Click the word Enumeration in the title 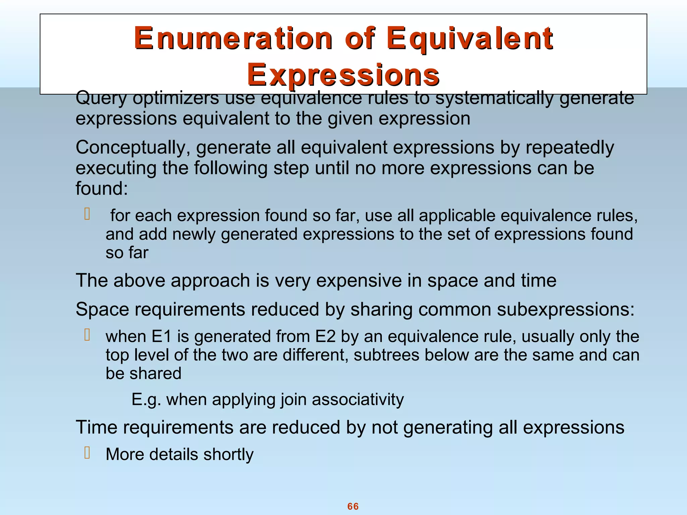tap(233, 39)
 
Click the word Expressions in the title tap(343, 75)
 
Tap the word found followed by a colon tap(101, 188)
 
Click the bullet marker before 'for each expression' tap(87, 214)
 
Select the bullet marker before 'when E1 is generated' tap(87, 335)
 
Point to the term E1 tap(162, 337)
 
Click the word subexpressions tap(566, 309)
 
